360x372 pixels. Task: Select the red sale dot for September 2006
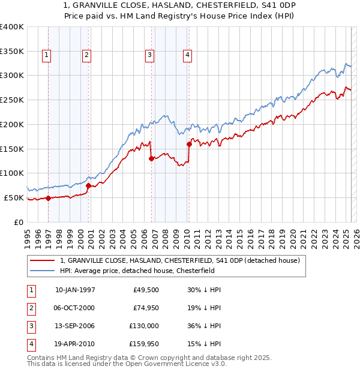point(151,159)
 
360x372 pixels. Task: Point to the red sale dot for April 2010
point(189,144)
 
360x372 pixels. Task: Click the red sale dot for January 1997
point(48,198)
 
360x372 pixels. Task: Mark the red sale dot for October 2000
point(88,185)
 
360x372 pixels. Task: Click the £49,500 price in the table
point(146,290)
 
